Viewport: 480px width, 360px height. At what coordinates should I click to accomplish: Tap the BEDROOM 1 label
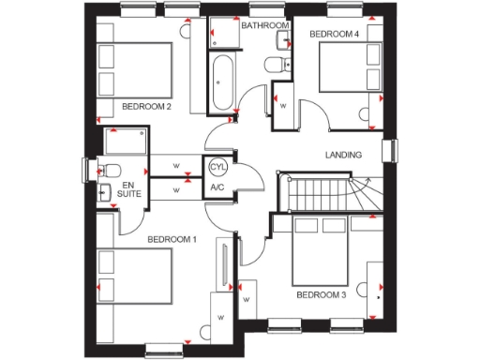[x=172, y=239]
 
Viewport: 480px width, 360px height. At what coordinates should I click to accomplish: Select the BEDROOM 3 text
[x=322, y=294]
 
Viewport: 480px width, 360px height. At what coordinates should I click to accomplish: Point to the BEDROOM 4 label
[x=334, y=34]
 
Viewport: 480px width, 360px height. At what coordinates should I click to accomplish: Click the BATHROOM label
[x=265, y=25]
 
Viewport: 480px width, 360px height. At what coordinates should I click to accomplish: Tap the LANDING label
[x=343, y=155]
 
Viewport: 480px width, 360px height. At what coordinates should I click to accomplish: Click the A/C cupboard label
[x=217, y=187]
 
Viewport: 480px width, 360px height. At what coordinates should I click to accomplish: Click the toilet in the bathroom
[x=275, y=65]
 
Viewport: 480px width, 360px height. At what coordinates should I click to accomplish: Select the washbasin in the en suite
[x=104, y=193]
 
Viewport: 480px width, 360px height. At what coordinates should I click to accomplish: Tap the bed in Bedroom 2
[x=135, y=68]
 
